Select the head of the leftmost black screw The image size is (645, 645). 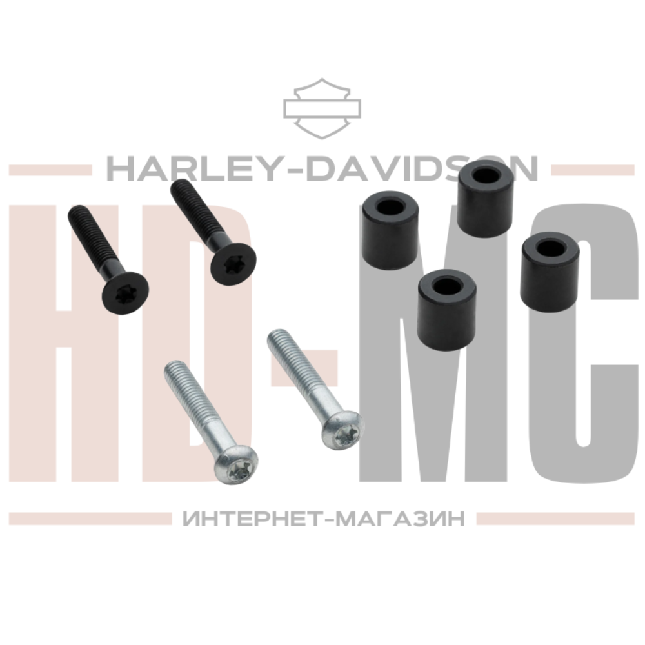click(x=125, y=293)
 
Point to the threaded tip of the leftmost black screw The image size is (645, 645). click(x=74, y=211)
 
